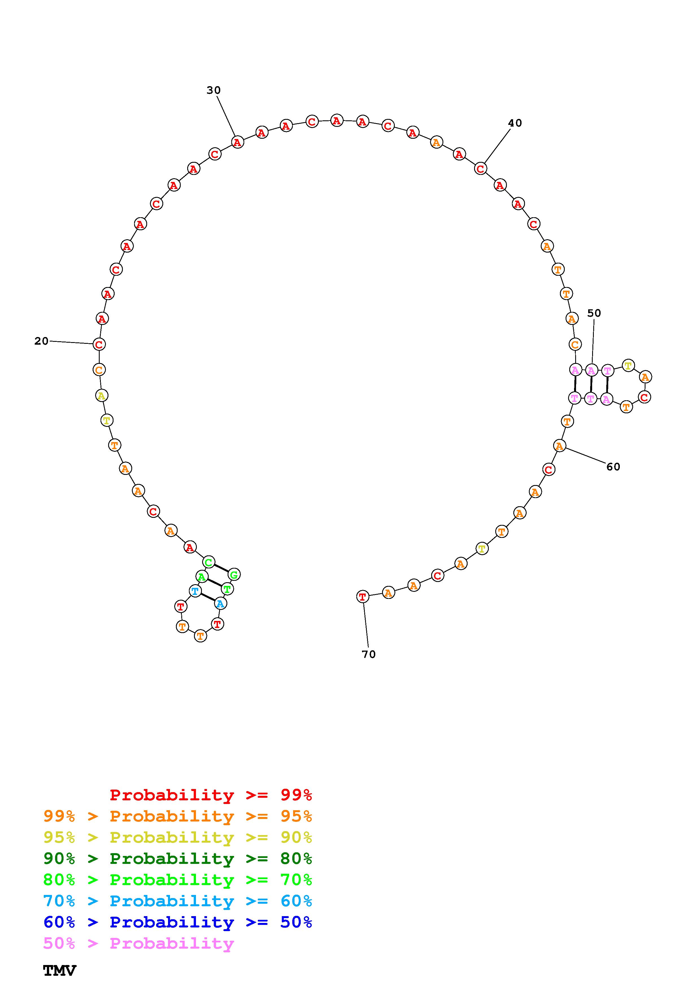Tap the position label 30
pos(213,90)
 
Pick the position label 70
pos(369,654)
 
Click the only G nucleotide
pos(234,575)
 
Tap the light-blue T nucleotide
pos(195,591)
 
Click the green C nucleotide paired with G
pos(208,562)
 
